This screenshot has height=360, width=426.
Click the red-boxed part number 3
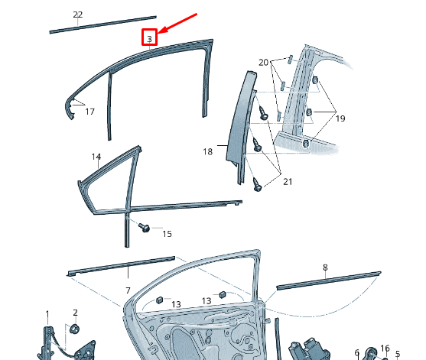pyautogui.click(x=149, y=39)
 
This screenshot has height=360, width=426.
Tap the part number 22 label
pyautogui.click(x=78, y=15)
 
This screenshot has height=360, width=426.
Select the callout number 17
pyautogui.click(x=90, y=112)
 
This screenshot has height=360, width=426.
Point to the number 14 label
pyautogui.click(x=96, y=157)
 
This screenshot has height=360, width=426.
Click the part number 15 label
pyautogui.click(x=167, y=234)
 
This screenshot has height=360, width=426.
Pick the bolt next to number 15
pyautogui.click(x=144, y=227)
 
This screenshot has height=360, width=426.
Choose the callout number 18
pyautogui.click(x=208, y=151)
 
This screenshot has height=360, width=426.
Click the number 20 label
pyautogui.click(x=264, y=63)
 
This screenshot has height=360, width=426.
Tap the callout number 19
pyautogui.click(x=340, y=118)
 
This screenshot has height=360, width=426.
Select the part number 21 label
pyautogui.click(x=288, y=182)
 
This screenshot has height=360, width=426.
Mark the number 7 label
pyautogui.click(x=128, y=290)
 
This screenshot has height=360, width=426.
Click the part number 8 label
pyautogui.click(x=325, y=268)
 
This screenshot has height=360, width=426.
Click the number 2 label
pyautogui.click(x=75, y=313)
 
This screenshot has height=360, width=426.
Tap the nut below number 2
pyautogui.click(x=74, y=329)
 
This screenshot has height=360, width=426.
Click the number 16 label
pyautogui.click(x=385, y=349)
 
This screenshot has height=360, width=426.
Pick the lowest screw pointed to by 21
pyautogui.click(x=257, y=185)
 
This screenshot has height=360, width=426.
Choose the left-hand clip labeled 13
pyautogui.click(x=160, y=300)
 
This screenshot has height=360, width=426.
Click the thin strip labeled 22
pyautogui.click(x=102, y=24)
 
